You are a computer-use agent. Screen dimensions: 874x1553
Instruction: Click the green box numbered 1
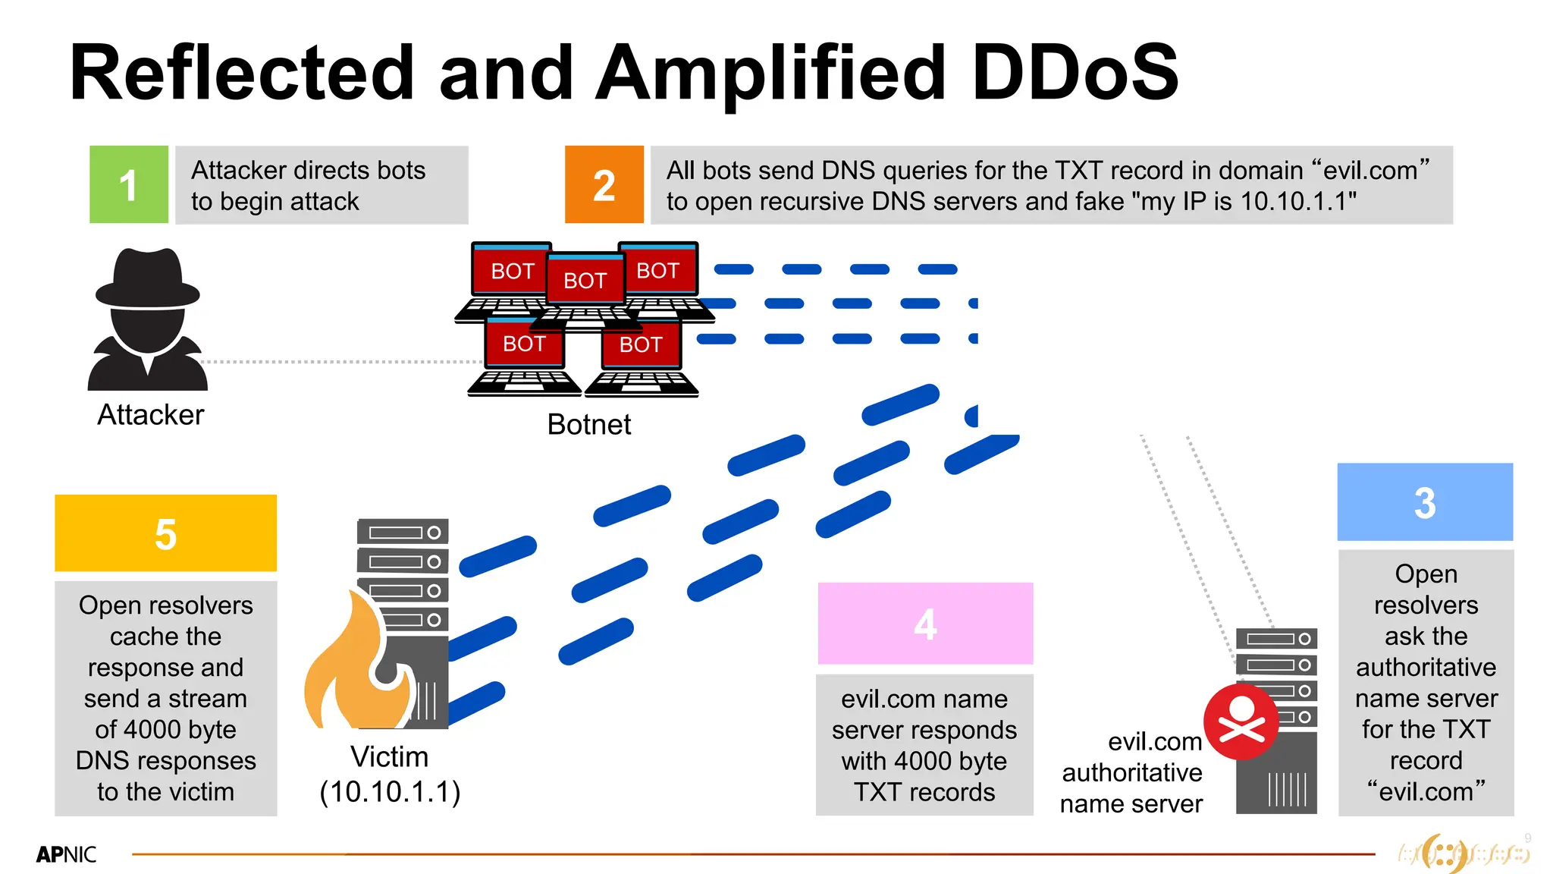(129, 184)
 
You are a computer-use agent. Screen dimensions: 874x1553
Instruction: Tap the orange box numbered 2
(604, 184)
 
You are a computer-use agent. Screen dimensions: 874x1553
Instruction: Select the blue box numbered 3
(1425, 502)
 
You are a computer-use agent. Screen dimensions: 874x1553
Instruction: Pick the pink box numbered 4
(925, 624)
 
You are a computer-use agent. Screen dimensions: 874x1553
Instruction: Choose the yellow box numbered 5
(165, 533)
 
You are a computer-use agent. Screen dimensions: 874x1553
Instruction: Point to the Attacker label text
(150, 415)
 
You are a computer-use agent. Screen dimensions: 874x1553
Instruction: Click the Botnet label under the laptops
(588, 424)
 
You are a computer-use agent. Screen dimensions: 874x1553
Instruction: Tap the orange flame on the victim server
(356, 668)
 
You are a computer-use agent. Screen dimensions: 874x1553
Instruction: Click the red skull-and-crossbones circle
(1241, 722)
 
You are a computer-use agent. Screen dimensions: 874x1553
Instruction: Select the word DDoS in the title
(1075, 73)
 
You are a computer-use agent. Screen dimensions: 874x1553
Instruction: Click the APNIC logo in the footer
(67, 854)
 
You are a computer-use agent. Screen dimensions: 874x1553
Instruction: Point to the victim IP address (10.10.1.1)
(390, 791)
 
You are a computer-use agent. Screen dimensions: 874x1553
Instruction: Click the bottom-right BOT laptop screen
(641, 345)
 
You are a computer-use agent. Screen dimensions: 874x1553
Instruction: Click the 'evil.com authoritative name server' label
(1131, 772)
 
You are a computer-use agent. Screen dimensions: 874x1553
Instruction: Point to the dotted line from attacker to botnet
(341, 362)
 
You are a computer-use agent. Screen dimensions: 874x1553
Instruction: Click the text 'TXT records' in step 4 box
(924, 792)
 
